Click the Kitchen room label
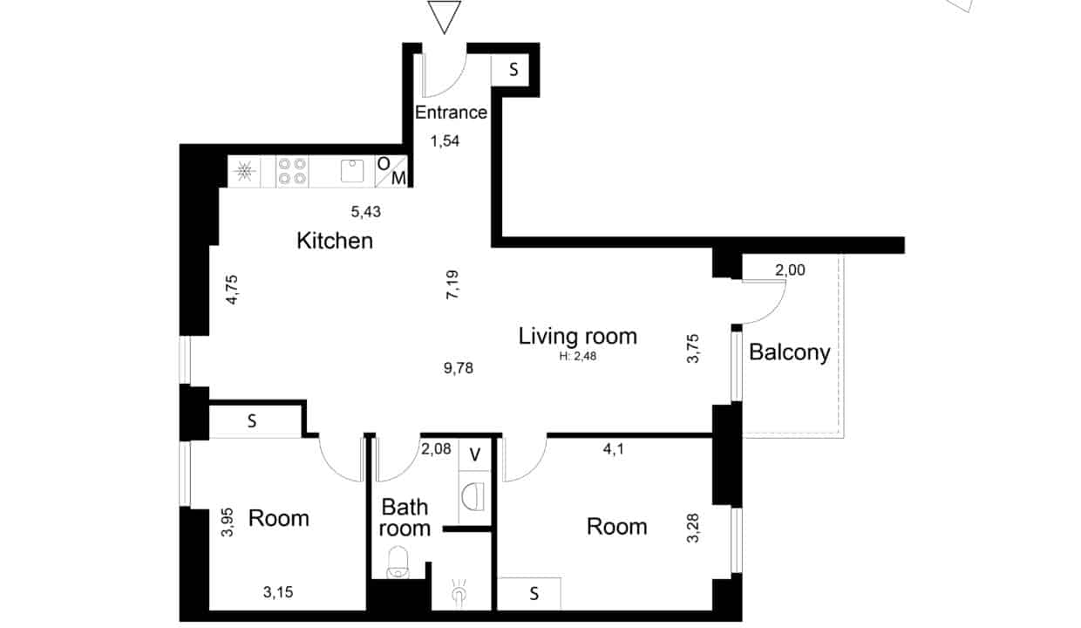coord(335,241)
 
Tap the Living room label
coord(578,337)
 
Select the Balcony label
coord(790,353)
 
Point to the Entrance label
coord(451,113)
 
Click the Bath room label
coord(405,517)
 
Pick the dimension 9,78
coord(459,368)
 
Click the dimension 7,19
coord(452,285)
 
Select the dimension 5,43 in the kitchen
coord(366,211)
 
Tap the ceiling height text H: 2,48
coord(578,356)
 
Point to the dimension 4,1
coord(614,449)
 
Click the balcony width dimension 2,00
coord(790,270)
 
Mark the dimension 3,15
coord(278,591)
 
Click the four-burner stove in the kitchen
coord(292,171)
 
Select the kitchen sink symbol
coord(352,171)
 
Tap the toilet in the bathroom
coord(398,562)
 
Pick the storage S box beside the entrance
coord(510,70)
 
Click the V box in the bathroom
coord(474,454)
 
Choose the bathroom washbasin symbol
coord(473,495)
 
